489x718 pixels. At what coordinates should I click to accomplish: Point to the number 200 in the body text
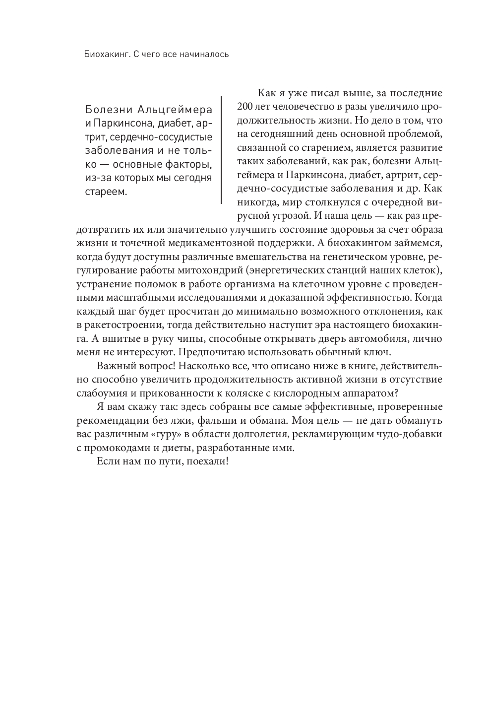pos(245,106)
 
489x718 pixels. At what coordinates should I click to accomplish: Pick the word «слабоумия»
pos(102,393)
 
